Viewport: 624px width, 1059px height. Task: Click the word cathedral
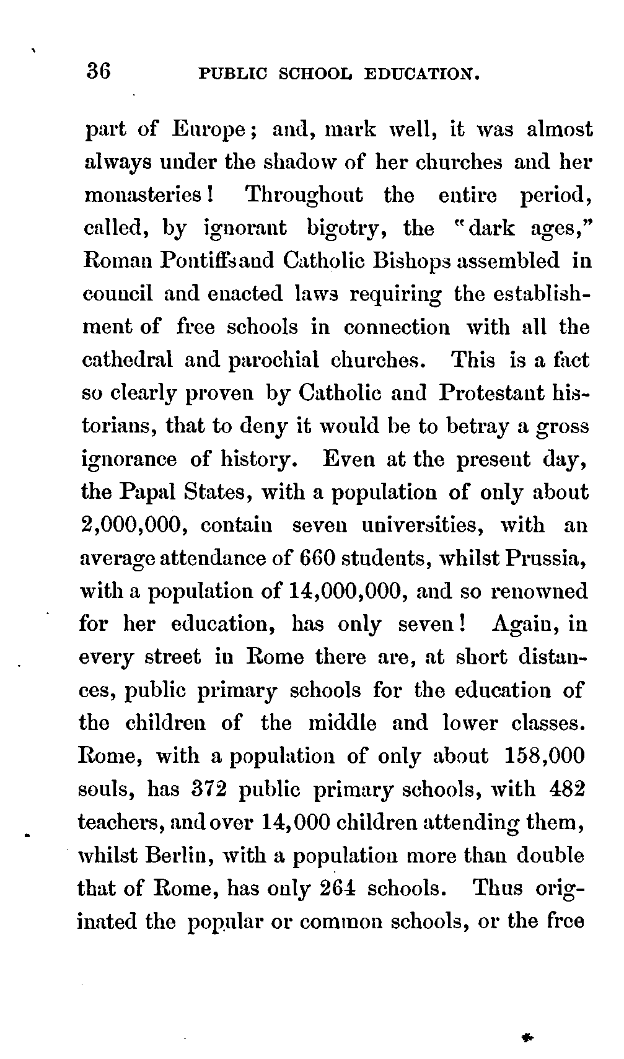coord(128,360)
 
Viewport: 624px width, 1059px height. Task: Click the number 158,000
coord(545,757)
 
